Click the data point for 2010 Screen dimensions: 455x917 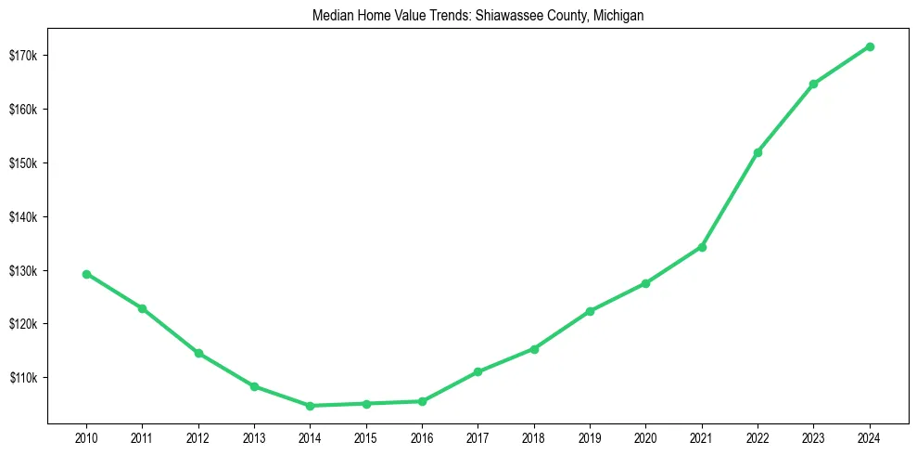coord(86,274)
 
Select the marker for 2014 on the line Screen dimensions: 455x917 coord(310,406)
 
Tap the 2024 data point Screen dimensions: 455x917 coord(870,46)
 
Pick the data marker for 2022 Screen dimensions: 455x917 coord(758,152)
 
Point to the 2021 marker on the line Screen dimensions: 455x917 coord(702,247)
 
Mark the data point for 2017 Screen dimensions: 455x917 coord(478,371)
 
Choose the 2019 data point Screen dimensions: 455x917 coord(590,311)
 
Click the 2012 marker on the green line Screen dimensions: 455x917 coord(198,353)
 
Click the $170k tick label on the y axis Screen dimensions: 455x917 coord(23,56)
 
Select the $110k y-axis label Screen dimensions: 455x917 coord(23,378)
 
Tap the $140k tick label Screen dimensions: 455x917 coord(23,217)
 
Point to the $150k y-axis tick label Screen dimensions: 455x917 coord(23,163)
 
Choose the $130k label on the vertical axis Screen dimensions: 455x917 coord(23,271)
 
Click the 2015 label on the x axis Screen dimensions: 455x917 coord(366,436)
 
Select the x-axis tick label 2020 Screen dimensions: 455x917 coord(646,436)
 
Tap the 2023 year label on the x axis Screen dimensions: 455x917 coord(813,436)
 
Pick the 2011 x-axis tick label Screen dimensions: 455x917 coord(142,436)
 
